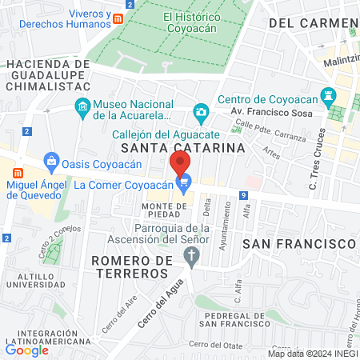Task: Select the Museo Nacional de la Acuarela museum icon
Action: [x=82, y=106]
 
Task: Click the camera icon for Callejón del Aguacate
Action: [x=201, y=113]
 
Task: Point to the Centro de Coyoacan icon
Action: [x=327, y=97]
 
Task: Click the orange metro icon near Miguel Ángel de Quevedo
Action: [x=18, y=172]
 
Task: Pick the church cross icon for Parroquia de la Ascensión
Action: [x=190, y=256]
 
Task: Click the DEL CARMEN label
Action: [x=309, y=23]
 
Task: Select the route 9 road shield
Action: [x=243, y=195]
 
